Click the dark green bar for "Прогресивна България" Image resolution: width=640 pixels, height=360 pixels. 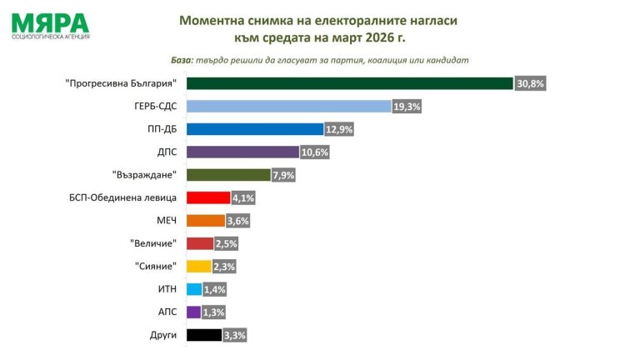point(350,83)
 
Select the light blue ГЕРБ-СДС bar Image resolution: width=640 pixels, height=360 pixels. point(288,106)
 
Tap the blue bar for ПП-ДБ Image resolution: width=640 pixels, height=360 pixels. point(255,129)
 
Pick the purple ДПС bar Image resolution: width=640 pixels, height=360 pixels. point(242,152)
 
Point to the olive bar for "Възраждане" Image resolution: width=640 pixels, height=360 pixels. point(229,175)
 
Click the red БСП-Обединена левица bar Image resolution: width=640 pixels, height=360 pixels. point(208,197)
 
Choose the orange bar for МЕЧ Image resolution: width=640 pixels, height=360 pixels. point(206,221)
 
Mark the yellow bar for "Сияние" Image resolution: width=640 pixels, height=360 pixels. point(199,267)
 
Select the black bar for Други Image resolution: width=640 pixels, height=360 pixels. point(204,336)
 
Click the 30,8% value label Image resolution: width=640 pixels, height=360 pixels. point(530,83)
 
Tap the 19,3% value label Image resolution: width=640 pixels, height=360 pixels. point(407,107)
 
